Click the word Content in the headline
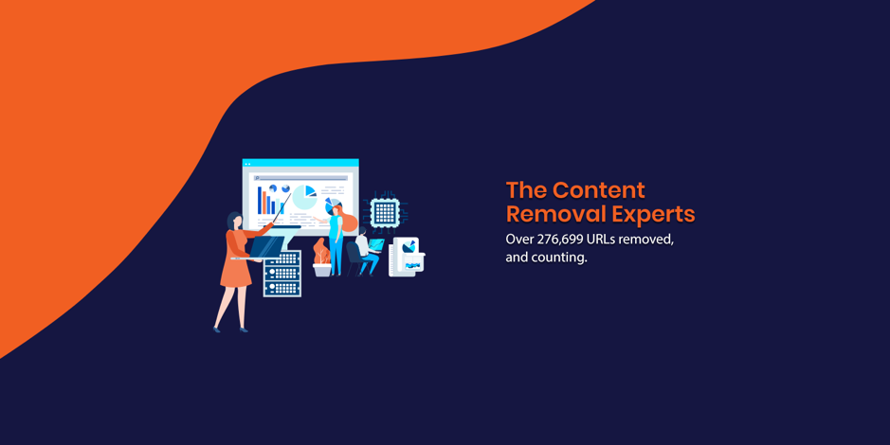click(599, 190)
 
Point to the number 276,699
click(560, 240)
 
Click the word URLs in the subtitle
click(601, 240)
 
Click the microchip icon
click(386, 213)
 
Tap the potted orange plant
click(322, 258)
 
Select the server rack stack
click(282, 274)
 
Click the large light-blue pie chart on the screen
click(303, 197)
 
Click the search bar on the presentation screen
click(300, 178)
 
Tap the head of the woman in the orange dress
click(234, 221)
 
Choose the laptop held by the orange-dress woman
click(265, 248)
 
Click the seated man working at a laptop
click(366, 252)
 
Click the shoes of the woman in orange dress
click(230, 329)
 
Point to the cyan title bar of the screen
click(300, 163)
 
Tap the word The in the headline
click(527, 190)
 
